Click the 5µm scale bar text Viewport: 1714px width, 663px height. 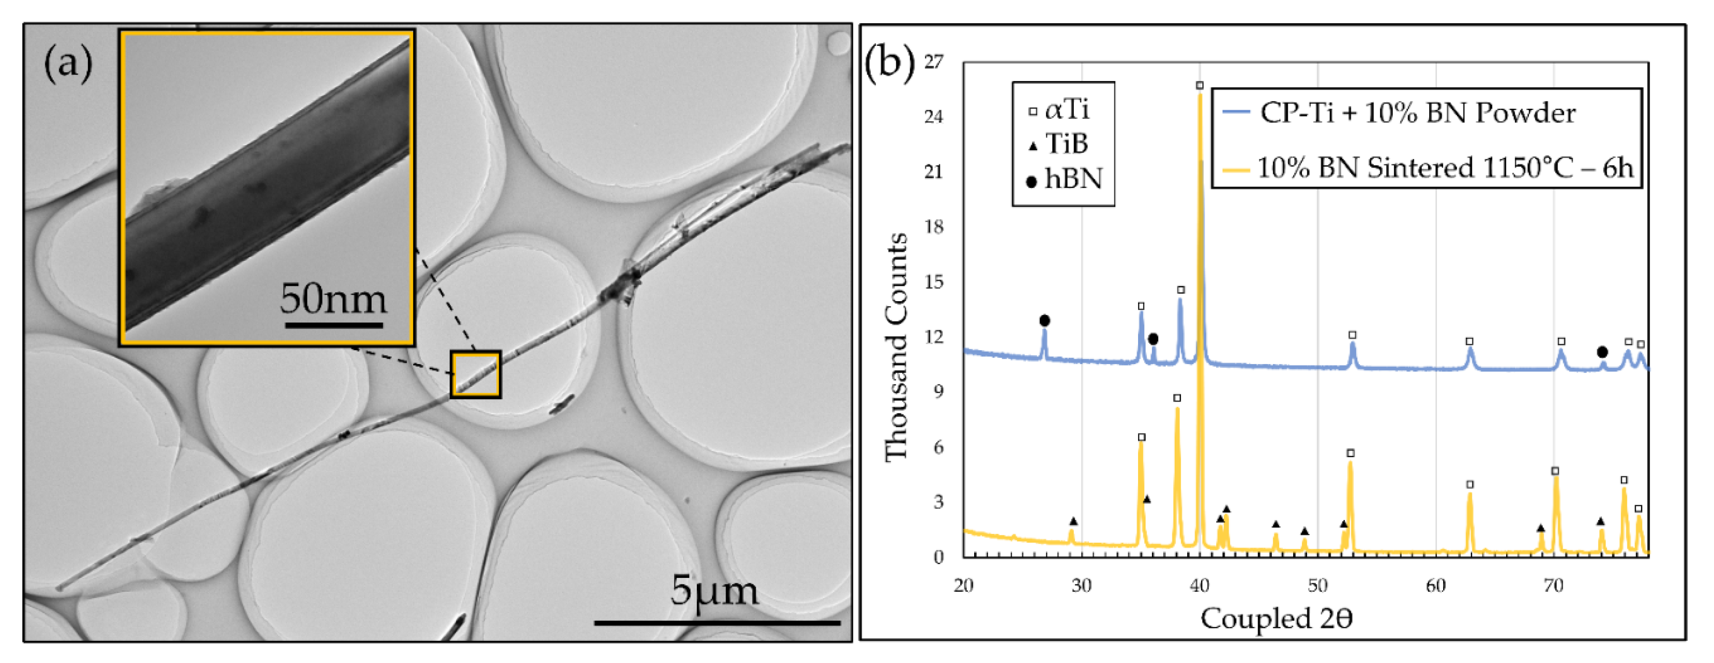(x=714, y=590)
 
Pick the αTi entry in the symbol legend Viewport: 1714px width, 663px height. (x=1061, y=110)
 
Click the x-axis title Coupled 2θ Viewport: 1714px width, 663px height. (x=1276, y=619)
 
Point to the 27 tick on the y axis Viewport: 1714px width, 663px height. (x=933, y=62)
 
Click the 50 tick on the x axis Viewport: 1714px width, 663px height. (x=1317, y=585)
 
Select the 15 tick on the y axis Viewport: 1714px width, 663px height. (x=933, y=282)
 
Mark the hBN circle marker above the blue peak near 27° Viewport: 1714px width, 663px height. (x=1045, y=321)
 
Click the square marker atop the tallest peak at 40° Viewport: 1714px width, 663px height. (x=1200, y=86)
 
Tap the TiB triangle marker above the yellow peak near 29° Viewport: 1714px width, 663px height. (x=1073, y=521)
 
